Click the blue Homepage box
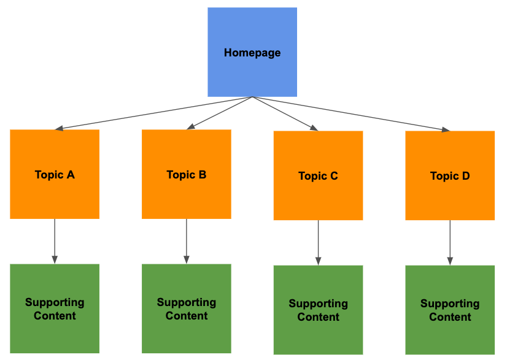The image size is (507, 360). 252,52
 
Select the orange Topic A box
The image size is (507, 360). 55,174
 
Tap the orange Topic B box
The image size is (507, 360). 187,174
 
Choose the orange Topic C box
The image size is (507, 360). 318,175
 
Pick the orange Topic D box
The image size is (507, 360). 450,175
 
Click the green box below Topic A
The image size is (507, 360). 55,308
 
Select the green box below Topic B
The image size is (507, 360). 187,308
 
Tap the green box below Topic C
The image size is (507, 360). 318,310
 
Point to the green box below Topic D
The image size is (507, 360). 450,310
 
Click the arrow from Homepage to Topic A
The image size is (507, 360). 153,113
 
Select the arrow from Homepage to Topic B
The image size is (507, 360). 220,113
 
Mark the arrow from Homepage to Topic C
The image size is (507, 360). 285,113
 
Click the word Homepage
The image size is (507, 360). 252,53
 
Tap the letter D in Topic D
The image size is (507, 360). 466,176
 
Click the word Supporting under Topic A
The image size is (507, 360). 55,302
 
